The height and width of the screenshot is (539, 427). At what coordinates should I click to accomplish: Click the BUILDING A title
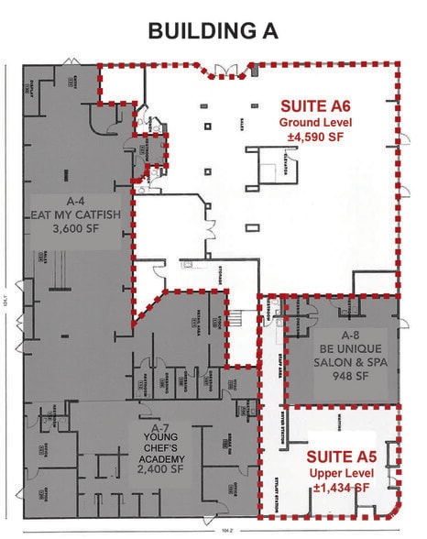pos(213,30)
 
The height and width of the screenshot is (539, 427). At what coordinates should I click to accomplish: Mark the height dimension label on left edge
pos(7,296)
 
